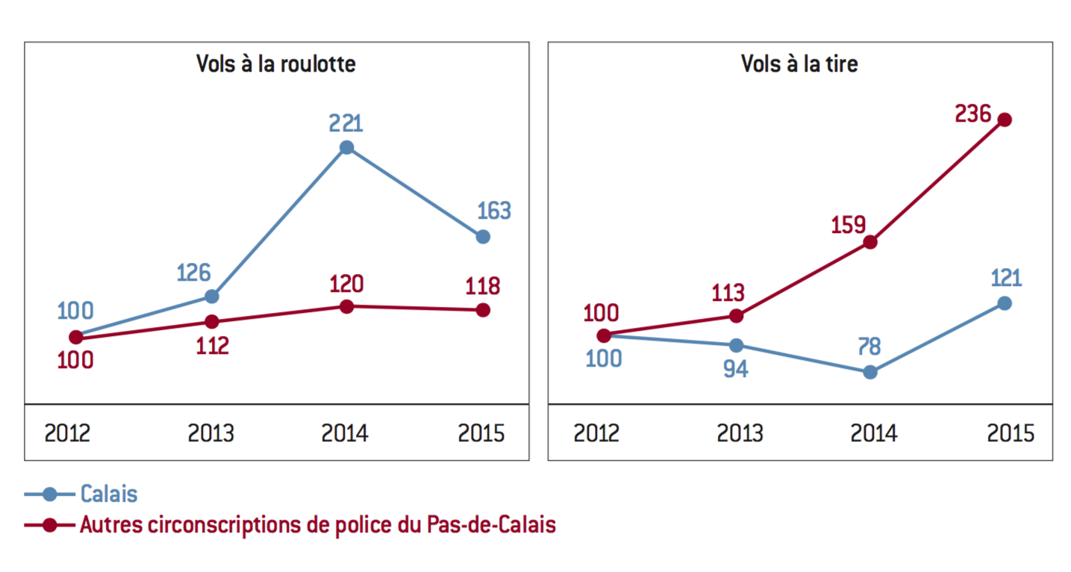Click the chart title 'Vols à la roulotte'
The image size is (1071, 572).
click(275, 63)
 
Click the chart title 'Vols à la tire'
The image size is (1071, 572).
click(799, 63)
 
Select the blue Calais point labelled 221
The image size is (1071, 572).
click(346, 147)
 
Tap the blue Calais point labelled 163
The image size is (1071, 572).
click(483, 237)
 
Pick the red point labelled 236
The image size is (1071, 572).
click(1005, 119)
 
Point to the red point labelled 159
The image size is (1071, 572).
click(870, 242)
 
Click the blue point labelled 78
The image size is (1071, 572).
click(870, 372)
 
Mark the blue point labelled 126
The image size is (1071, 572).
click(212, 296)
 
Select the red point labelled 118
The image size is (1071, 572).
click(483, 310)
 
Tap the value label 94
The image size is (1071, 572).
click(736, 370)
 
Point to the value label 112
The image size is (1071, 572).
click(212, 346)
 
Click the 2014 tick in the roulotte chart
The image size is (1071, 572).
click(346, 433)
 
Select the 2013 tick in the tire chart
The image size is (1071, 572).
click(740, 433)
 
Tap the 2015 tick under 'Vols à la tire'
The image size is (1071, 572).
click(1011, 433)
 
